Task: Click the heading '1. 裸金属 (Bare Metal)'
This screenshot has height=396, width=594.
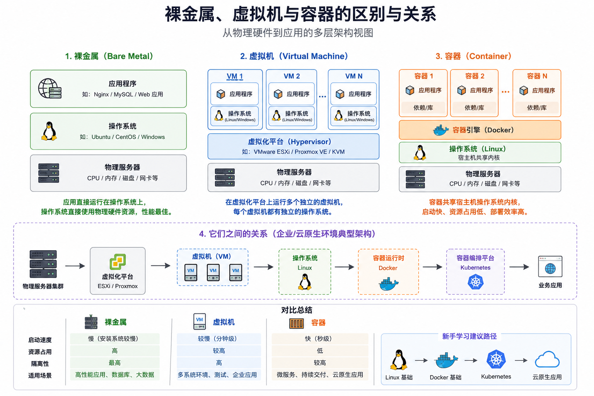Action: (x=109, y=56)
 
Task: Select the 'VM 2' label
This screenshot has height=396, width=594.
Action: (x=292, y=76)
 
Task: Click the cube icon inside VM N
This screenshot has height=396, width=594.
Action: (x=340, y=94)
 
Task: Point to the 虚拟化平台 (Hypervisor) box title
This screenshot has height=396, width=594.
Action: (x=290, y=142)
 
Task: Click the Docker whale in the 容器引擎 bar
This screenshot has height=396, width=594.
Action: (x=440, y=130)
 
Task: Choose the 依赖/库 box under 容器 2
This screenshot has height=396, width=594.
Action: (x=475, y=108)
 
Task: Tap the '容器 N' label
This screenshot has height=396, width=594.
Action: (x=537, y=76)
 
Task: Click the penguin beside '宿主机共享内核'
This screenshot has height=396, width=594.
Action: (x=420, y=152)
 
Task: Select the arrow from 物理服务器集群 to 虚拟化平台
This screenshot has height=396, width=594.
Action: (x=75, y=266)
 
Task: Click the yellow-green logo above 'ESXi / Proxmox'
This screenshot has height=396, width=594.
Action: (x=118, y=261)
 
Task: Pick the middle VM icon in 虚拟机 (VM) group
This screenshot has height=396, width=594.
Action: (x=213, y=272)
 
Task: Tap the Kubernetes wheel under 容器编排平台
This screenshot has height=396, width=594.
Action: (x=475, y=282)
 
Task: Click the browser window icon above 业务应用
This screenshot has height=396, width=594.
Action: (x=550, y=266)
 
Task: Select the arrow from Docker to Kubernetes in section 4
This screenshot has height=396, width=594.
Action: (x=432, y=266)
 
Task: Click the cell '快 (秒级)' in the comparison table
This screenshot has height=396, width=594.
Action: (x=320, y=339)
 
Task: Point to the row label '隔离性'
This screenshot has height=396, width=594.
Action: (x=40, y=364)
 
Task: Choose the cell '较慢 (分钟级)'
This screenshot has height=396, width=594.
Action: (x=219, y=339)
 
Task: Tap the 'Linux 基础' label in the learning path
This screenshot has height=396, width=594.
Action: (x=399, y=377)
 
